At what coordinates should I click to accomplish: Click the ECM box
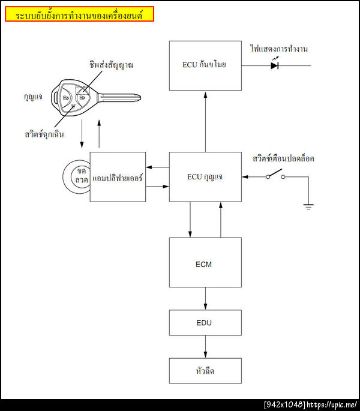tap(205, 263)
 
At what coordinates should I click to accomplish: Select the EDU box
tap(205, 323)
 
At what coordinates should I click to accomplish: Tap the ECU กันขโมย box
tap(205, 65)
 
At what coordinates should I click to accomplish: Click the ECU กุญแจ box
tap(205, 177)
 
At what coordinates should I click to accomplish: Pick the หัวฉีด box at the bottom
tap(205, 371)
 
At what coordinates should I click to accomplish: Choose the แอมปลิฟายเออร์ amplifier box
tap(118, 177)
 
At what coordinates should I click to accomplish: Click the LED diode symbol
tap(275, 65)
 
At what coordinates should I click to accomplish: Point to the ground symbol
tap(308, 206)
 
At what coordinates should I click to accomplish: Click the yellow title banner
tap(79, 14)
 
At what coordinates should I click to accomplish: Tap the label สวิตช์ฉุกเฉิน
tap(40, 134)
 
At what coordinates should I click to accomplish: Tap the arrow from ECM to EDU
tap(205, 298)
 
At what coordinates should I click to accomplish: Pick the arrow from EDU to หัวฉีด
tap(205, 347)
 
